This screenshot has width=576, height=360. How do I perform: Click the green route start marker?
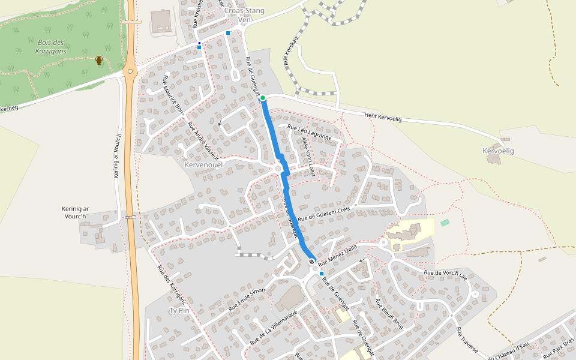[263, 98]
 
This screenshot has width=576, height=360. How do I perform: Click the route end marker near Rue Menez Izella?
[311, 261]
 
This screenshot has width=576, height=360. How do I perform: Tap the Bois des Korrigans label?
[50, 46]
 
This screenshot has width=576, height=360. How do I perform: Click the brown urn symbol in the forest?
[99, 60]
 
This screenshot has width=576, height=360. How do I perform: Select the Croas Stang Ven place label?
[244, 15]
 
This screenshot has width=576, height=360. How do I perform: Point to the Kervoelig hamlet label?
[499, 151]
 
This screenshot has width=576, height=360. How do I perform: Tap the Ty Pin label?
[179, 311]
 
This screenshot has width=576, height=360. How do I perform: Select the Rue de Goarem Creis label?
[323, 213]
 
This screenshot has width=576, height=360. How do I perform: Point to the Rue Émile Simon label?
[247, 299]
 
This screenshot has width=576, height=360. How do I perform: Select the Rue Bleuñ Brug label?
[389, 313]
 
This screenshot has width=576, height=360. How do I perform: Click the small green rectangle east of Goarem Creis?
[445, 223]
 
